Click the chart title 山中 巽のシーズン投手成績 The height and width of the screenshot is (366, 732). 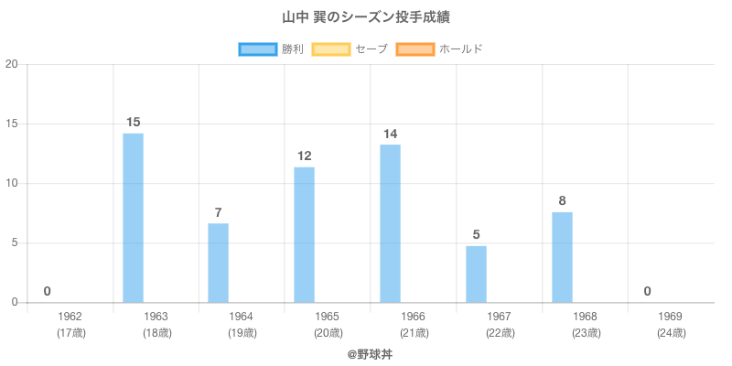point(366,17)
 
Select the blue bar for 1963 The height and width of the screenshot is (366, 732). point(133,218)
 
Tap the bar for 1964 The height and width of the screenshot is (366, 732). point(218,263)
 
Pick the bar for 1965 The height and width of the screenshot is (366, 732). point(304,234)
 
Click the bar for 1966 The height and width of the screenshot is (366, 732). point(390,223)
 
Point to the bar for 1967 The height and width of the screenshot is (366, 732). point(476,274)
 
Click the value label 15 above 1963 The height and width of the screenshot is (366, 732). point(133,123)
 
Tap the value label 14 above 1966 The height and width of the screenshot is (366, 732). point(390,134)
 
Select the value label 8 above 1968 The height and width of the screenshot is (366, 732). point(562,201)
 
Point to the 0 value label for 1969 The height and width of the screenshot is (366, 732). point(647,292)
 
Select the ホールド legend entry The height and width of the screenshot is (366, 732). point(440,48)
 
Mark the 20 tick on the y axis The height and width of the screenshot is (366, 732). point(12,64)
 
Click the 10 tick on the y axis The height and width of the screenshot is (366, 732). point(12,183)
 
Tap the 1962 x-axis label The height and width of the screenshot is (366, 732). point(70,317)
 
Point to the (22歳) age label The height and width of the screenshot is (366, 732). point(500,333)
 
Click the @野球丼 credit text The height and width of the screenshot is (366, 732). point(366,353)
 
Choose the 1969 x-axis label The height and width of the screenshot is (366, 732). point(671,317)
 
